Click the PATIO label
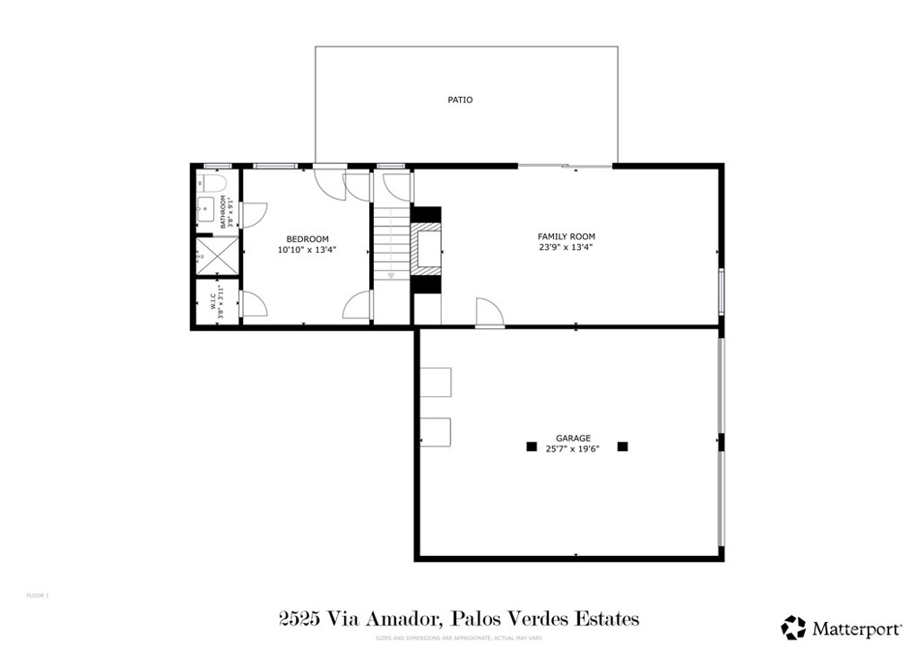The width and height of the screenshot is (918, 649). [x=460, y=100]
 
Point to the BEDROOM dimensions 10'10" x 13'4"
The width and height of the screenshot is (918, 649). [x=307, y=250]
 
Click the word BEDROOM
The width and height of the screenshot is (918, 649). [x=307, y=238]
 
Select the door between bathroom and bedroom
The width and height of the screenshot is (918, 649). [x=252, y=215]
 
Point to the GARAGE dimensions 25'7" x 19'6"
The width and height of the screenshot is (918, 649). [x=573, y=450]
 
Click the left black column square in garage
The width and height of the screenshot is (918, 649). [x=532, y=446]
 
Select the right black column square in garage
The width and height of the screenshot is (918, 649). [x=623, y=446]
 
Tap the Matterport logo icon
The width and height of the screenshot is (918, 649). [x=793, y=626]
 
